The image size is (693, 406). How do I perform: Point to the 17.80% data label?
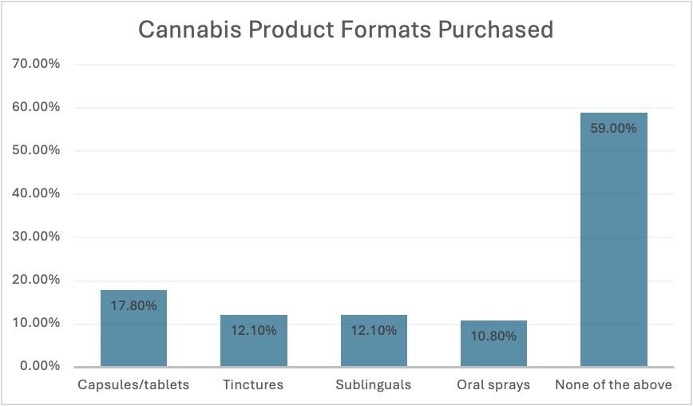pyautogui.click(x=133, y=304)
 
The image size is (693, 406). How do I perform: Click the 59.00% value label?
pyautogui.click(x=613, y=128)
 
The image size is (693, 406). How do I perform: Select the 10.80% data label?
pyautogui.click(x=493, y=336)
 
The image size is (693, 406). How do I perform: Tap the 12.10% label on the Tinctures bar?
pyautogui.click(x=254, y=330)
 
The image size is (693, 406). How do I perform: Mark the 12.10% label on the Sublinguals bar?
pyautogui.click(x=374, y=330)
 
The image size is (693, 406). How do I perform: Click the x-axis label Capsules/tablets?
pyautogui.click(x=133, y=385)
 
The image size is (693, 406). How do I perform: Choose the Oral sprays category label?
pyautogui.click(x=493, y=385)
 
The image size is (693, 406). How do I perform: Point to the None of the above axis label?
pyautogui.click(x=613, y=385)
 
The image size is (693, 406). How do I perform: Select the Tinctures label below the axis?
pyautogui.click(x=254, y=385)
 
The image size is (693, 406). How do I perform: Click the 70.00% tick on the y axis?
pyautogui.click(x=36, y=64)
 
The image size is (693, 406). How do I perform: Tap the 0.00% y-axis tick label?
pyautogui.click(x=39, y=366)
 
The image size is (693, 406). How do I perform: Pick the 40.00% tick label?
pyautogui.click(x=36, y=193)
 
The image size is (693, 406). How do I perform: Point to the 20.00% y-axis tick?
pyautogui.click(x=36, y=280)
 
